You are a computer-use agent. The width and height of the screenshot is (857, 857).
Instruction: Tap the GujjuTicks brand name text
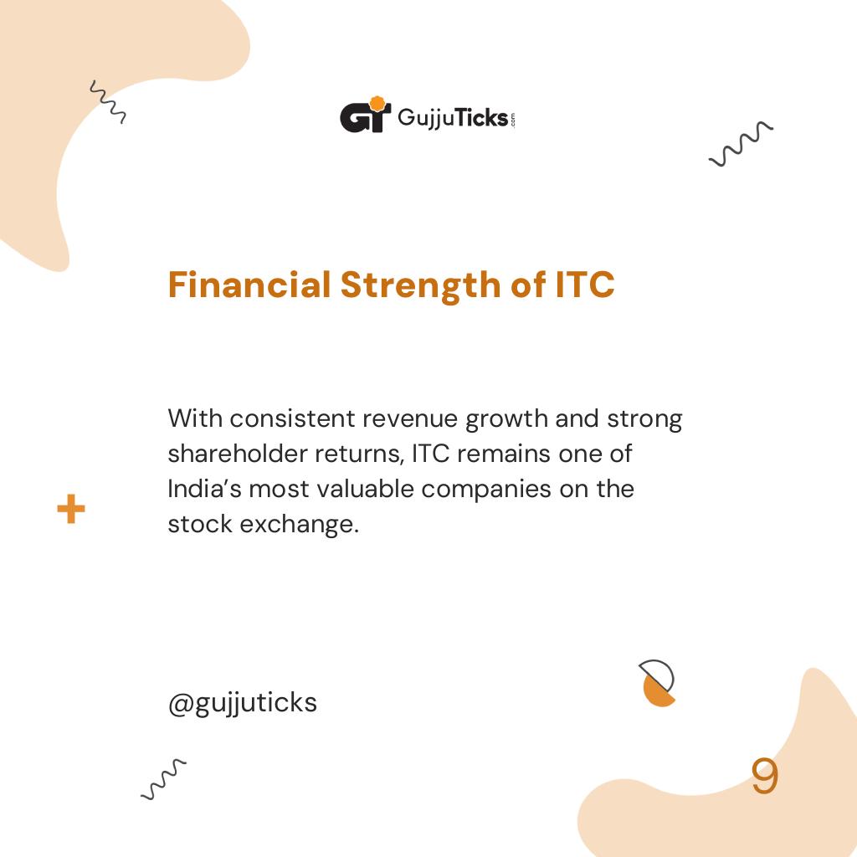(452, 118)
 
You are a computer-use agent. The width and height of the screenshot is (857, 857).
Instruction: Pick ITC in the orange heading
(585, 285)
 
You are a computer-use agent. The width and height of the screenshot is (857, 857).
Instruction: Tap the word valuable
(366, 489)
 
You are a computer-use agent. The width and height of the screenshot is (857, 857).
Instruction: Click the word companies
(486, 490)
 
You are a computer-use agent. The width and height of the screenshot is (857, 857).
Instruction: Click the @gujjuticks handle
(243, 703)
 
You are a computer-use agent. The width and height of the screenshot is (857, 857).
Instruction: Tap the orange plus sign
(71, 509)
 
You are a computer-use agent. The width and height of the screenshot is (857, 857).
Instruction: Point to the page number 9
(764, 777)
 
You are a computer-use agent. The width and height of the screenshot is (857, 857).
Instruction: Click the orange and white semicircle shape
(658, 683)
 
